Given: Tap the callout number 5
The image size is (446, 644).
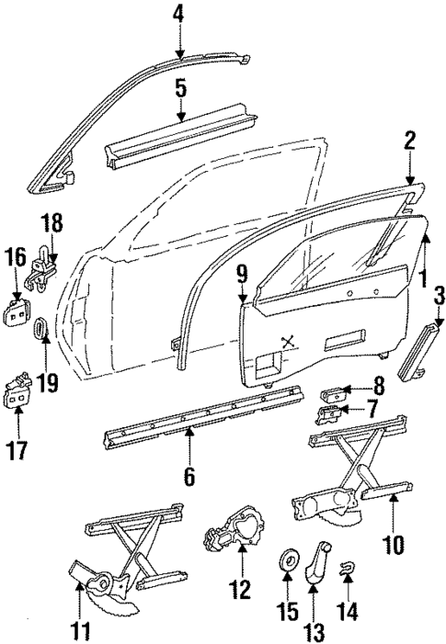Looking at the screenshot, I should (x=180, y=89).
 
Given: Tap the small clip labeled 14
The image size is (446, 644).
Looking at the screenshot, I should (x=348, y=570).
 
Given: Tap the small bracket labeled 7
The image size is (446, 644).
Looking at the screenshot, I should (x=330, y=415).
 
